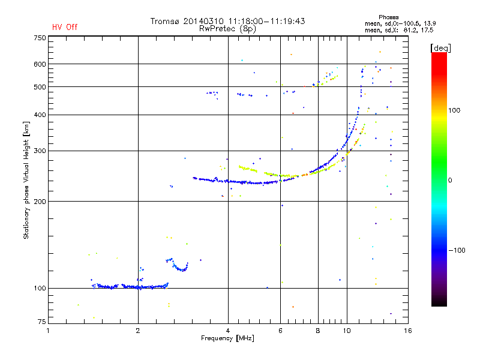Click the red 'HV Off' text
click(64, 27)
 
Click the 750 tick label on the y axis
click(40, 38)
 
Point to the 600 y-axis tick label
click(40, 64)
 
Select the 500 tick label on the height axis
click(40, 87)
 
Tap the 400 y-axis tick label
click(40, 115)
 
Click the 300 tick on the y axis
click(40, 151)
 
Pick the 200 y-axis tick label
click(40, 202)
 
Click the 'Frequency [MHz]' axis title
click(228, 338)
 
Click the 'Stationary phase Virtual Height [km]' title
click(26, 180)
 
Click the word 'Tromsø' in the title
click(169, 21)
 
